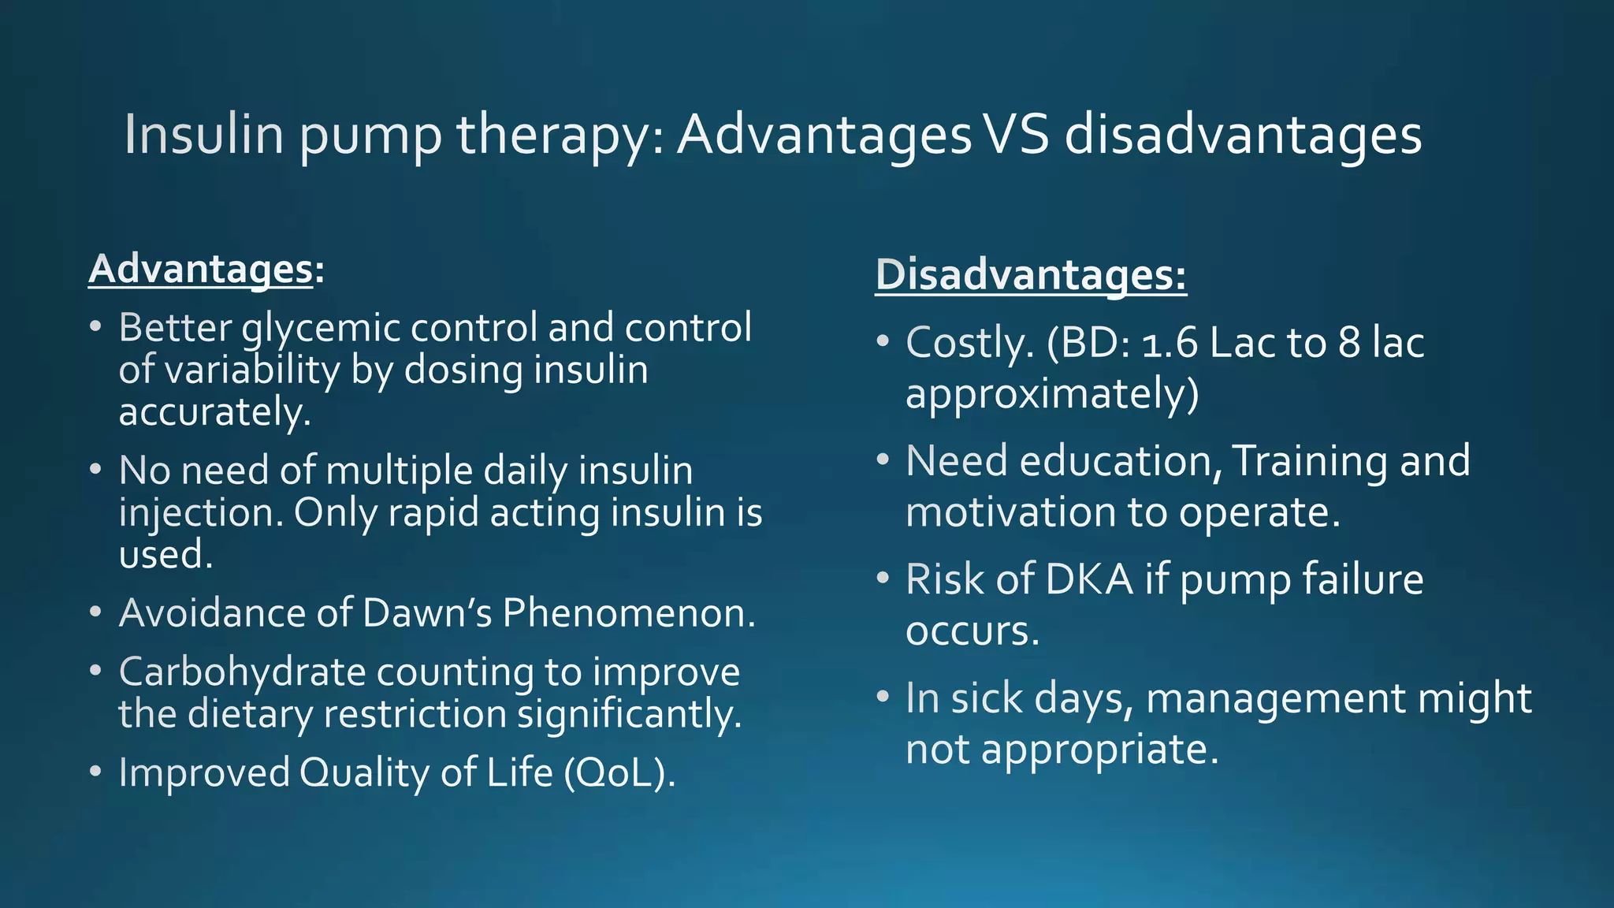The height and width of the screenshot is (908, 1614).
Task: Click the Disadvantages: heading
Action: (x=1030, y=275)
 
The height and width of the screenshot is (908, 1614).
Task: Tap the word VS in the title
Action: (x=1017, y=134)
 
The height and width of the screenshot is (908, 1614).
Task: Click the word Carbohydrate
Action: (x=242, y=672)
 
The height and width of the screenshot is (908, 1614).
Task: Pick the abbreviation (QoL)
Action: (x=619, y=772)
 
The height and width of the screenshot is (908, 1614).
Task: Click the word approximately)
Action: (x=1052, y=394)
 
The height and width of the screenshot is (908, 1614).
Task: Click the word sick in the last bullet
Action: (x=987, y=698)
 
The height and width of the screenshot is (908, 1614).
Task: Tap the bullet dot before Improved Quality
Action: (x=95, y=772)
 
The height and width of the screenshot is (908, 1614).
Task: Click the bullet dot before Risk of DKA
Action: (x=883, y=579)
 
